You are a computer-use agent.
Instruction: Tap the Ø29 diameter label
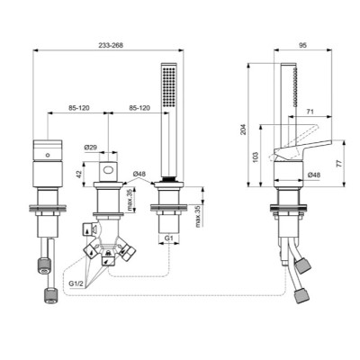pyautogui.click(x=90, y=148)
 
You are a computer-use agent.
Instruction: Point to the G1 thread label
pyautogui.click(x=168, y=238)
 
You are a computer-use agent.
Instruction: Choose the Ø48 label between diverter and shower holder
pyautogui.click(x=140, y=173)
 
